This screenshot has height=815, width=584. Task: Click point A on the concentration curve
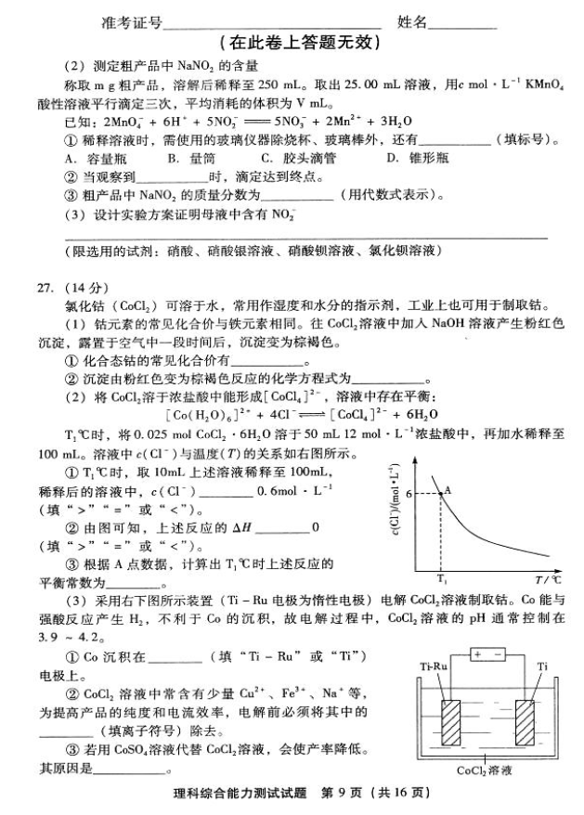438,495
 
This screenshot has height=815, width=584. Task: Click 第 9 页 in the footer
344,796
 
